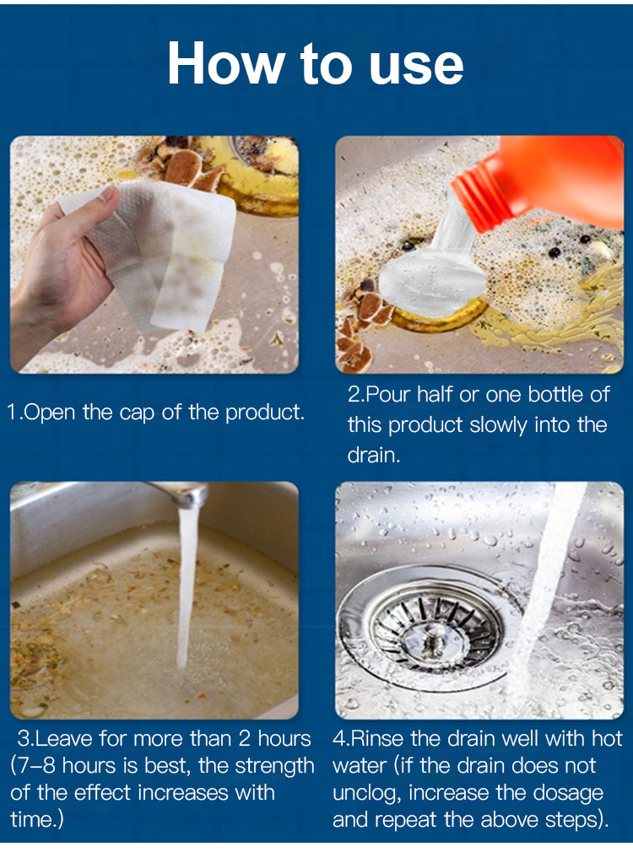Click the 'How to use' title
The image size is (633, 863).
pyautogui.click(x=316, y=63)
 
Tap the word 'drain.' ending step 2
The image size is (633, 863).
pyautogui.click(x=374, y=456)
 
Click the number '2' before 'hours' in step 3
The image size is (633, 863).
pyautogui.click(x=245, y=739)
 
